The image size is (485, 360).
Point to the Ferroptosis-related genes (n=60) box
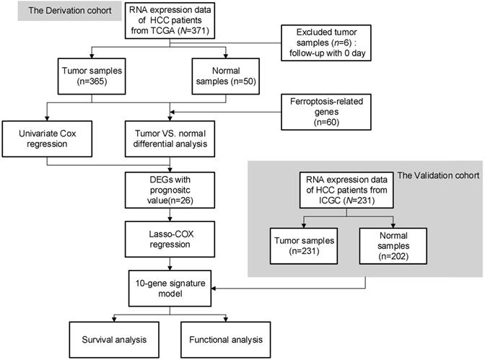pyautogui.click(x=322, y=111)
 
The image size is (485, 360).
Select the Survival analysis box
pyautogui.click(x=110, y=338)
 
